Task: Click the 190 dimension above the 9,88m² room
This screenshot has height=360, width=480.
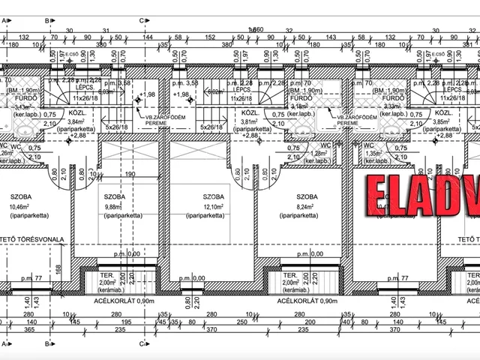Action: pos(129,173)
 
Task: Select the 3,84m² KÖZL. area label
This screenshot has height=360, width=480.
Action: pos(76,121)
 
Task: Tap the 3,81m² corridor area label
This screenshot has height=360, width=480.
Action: pos(250,121)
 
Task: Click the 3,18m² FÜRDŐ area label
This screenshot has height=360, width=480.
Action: pos(298,106)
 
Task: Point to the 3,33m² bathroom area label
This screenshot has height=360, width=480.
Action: pos(391,106)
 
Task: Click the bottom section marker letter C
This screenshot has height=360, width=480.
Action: pos(141,344)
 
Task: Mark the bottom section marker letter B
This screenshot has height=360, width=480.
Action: pos(46,344)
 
